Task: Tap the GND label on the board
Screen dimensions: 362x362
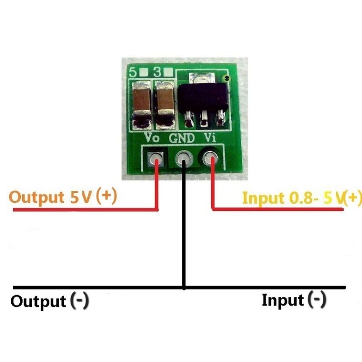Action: (181, 138)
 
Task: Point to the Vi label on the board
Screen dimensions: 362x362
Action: (210, 138)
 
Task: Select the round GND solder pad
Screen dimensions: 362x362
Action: (183, 159)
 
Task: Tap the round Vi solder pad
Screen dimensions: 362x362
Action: (211, 159)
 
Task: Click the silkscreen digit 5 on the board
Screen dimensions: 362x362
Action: (133, 72)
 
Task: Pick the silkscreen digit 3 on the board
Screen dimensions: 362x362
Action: (158, 72)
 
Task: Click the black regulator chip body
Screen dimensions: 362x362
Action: (202, 96)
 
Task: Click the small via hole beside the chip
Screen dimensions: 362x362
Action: (229, 79)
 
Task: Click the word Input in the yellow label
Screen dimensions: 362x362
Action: (258, 199)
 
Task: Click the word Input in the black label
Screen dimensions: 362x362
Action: (282, 300)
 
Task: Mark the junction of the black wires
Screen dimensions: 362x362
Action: (184, 287)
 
